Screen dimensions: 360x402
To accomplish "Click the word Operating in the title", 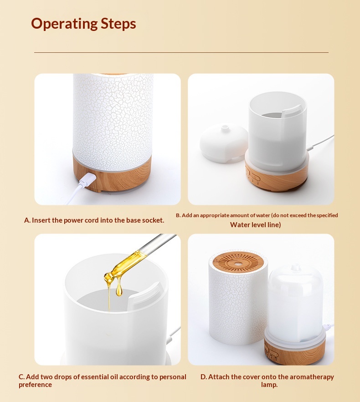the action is [64, 24].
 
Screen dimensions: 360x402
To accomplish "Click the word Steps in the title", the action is [118, 24].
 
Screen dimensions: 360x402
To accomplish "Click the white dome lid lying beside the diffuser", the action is [224, 143].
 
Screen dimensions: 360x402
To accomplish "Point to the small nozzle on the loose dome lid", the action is [225, 127].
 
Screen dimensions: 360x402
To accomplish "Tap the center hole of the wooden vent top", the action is [238, 263].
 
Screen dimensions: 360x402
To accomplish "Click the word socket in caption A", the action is [153, 220].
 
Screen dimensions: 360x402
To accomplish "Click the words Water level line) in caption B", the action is [256, 224].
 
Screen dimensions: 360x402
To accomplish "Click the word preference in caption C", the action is [35, 385].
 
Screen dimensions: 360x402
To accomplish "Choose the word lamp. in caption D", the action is [269, 385].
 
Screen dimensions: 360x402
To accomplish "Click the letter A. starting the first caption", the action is [27, 220].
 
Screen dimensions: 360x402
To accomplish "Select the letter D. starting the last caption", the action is [204, 377].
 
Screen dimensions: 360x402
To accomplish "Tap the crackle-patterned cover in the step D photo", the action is [238, 297].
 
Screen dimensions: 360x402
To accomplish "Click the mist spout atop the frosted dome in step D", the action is [296, 267].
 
